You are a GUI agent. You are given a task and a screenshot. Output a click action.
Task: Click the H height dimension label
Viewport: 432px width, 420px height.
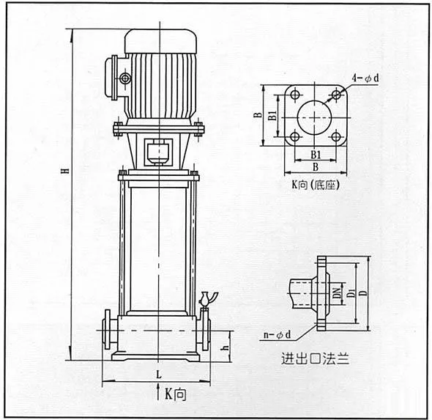pyautogui.click(x=66, y=171)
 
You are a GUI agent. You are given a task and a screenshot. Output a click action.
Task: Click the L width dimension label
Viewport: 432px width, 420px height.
pyautogui.click(x=159, y=375)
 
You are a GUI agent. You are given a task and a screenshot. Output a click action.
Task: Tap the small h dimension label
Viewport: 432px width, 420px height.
pyautogui.click(x=226, y=348)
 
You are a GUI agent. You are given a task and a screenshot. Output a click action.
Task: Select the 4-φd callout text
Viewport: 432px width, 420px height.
pyautogui.click(x=365, y=78)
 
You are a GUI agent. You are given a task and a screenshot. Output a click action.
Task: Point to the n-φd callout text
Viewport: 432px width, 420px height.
pyautogui.click(x=278, y=335)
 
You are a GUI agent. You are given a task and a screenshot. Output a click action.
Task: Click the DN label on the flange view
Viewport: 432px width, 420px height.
pyautogui.click(x=336, y=293)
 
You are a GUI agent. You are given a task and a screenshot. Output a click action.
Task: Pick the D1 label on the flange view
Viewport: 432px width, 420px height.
pyautogui.click(x=351, y=292)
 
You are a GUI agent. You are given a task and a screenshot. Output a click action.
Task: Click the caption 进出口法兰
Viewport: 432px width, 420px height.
pyautogui.click(x=316, y=358)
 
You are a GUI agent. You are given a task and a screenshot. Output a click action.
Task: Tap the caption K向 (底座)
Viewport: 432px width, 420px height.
pyautogui.click(x=316, y=185)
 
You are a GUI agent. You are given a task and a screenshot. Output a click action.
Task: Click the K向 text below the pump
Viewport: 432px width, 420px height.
pyautogui.click(x=176, y=394)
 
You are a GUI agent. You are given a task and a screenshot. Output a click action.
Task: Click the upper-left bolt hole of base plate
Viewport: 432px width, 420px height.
pyautogui.click(x=295, y=95)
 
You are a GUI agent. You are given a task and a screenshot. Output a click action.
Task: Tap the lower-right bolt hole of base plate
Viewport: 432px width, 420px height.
pyautogui.click(x=336, y=136)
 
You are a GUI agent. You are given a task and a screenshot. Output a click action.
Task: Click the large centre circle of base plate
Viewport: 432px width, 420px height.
pyautogui.click(x=314, y=101)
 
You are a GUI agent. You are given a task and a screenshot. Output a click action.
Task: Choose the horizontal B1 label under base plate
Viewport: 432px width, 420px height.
pyautogui.click(x=316, y=155)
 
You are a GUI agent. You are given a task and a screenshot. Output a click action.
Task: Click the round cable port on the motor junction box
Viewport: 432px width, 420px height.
pyautogui.click(x=125, y=78)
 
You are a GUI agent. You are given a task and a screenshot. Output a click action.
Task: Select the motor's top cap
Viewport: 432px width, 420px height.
pyautogui.click(x=161, y=41)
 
